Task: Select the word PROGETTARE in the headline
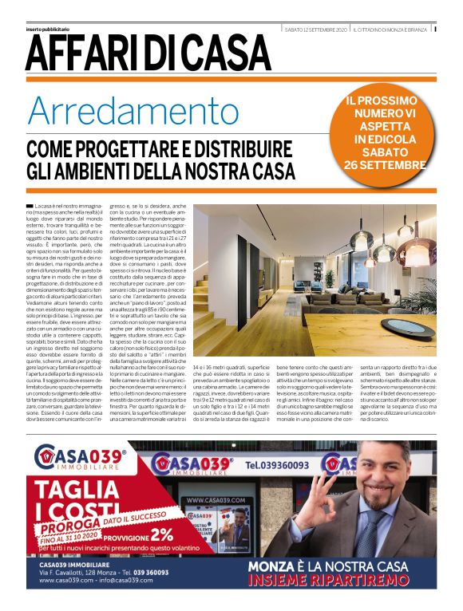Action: pyautogui.click(x=172, y=149)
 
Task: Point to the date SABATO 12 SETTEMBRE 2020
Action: pyautogui.click(x=315, y=30)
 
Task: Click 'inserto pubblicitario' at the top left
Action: pyautogui.click(x=48, y=30)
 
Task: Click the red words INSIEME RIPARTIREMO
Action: pyautogui.click(x=340, y=580)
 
